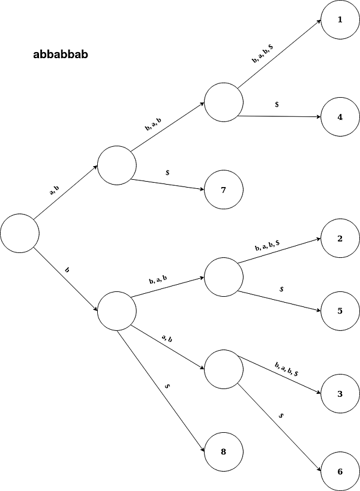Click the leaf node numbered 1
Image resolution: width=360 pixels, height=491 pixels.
(340, 20)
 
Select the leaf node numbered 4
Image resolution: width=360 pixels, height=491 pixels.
(340, 117)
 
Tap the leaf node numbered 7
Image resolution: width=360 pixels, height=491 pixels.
(223, 191)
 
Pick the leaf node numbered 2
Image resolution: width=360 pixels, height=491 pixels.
(340, 239)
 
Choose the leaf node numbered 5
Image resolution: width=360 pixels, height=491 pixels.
(340, 311)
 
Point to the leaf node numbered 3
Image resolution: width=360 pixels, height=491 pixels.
(340, 394)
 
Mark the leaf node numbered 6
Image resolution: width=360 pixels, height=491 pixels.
(340, 471)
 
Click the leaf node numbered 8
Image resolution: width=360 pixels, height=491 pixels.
(223, 451)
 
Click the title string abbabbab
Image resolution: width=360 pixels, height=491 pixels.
(62, 55)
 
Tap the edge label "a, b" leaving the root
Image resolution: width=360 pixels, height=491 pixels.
(54, 191)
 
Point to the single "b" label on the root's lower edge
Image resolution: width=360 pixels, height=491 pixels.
(67, 271)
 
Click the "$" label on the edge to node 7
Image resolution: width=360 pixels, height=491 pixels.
(167, 173)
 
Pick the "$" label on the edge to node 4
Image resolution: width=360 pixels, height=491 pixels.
(277, 104)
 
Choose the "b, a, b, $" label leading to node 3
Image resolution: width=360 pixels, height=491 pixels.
(287, 369)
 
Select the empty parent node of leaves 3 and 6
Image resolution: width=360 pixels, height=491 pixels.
(223, 369)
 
